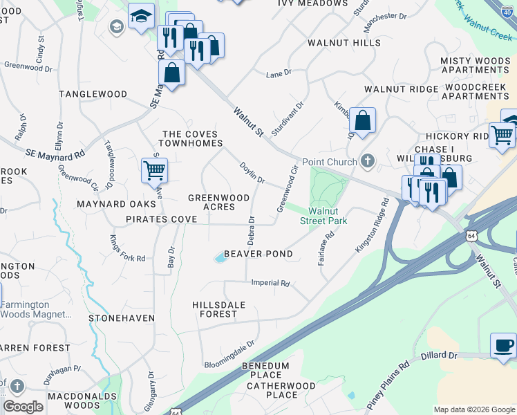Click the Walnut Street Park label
click(323, 216)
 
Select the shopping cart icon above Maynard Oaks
click(154, 169)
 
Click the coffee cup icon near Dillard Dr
click(503, 344)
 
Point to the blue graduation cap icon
click(142, 17)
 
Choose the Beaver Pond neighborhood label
click(257, 254)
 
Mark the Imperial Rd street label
click(270, 283)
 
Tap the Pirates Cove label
click(161, 219)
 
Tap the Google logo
click(23, 407)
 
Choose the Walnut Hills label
click(344, 43)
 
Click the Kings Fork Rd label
click(128, 249)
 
